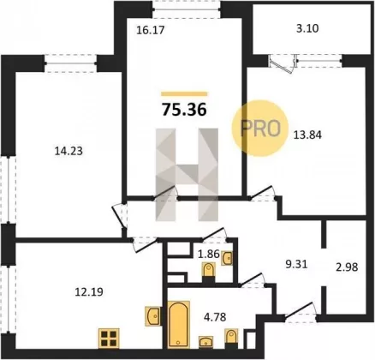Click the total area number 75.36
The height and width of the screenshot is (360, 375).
tap(184, 110)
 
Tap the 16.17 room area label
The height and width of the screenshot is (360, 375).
tap(151, 30)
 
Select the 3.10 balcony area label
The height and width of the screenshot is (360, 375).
tap(307, 28)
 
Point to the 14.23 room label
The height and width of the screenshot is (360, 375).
tap(68, 151)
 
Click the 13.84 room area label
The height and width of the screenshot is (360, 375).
tap(307, 135)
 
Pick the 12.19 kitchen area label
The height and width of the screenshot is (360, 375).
tap(89, 292)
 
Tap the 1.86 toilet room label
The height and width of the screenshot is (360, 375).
tap(210, 254)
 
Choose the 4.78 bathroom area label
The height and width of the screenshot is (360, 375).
tap(215, 316)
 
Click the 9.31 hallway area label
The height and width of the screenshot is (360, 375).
tap(297, 264)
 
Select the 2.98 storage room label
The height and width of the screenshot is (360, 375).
tap(347, 267)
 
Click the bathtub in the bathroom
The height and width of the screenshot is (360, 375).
tap(178, 324)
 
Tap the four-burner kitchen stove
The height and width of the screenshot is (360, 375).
tap(109, 339)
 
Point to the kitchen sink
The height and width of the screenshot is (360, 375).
tap(153, 316)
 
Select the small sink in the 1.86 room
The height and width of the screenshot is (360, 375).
tap(227, 258)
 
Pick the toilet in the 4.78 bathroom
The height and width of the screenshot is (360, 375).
tap(231, 339)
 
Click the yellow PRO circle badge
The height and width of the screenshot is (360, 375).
tap(259, 129)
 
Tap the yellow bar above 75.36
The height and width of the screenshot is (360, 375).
tap(184, 94)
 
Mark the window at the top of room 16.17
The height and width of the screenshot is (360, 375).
tap(187, 9)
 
